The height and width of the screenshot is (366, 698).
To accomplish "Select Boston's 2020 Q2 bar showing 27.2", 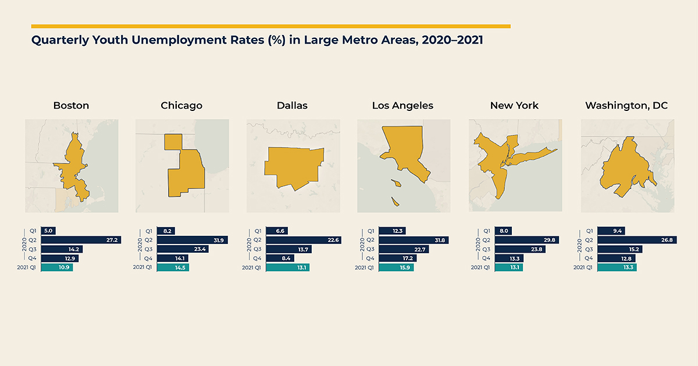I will pyautogui.click(x=81, y=240).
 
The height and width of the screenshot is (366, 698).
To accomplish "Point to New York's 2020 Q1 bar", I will pyautogui.click(x=503, y=231).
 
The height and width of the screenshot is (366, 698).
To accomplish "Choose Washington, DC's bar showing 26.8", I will pyautogui.click(x=637, y=240).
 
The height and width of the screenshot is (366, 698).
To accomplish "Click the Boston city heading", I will pyautogui.click(x=71, y=106).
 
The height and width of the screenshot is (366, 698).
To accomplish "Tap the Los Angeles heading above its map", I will pyautogui.click(x=403, y=106).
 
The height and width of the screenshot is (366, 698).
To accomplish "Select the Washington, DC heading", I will pyautogui.click(x=626, y=106).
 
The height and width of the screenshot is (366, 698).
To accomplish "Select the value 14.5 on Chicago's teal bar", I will pyautogui.click(x=180, y=267).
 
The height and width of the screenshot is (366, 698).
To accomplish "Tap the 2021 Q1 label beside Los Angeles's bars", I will pyautogui.click(x=365, y=267).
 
